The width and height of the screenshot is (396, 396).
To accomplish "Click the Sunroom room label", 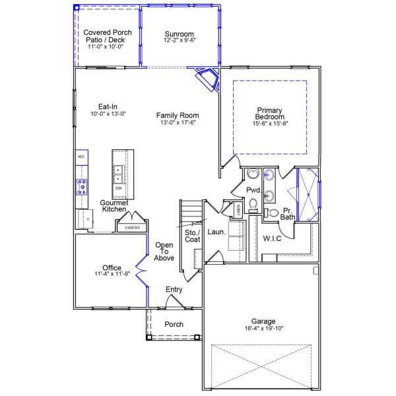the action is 179,34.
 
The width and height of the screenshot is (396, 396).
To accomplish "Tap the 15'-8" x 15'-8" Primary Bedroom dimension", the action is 270,123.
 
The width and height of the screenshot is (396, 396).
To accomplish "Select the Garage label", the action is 263,321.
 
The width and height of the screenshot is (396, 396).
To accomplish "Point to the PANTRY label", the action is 133,228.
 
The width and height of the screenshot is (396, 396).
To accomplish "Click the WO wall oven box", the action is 82,157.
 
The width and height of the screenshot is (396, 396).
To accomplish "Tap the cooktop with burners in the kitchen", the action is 82,187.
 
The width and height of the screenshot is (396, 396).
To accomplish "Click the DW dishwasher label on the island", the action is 118,188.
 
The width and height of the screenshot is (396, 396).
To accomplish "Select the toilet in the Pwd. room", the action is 253,205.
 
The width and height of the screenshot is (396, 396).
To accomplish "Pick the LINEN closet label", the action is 238,210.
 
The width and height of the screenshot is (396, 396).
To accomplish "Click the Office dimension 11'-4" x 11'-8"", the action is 112,274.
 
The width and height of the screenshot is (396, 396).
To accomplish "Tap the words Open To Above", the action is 164,251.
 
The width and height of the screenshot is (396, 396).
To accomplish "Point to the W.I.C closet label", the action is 272,239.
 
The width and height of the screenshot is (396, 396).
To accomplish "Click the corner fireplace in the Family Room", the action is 208,79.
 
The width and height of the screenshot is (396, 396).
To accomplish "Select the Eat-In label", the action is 108,106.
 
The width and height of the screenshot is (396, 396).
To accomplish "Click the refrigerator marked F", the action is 85,218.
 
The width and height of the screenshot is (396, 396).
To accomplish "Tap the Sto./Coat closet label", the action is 193,236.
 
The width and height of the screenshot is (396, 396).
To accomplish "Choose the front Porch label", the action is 174,324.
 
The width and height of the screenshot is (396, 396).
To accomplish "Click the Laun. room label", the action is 216,232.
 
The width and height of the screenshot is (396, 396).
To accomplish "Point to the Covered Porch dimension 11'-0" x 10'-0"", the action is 106,47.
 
